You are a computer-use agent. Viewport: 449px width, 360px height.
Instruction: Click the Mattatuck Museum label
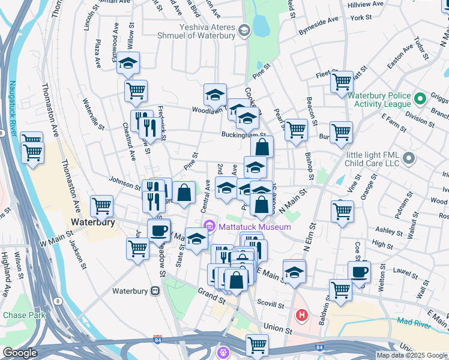click(x=255, y=227)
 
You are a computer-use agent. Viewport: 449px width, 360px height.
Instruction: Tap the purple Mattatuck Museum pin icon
click(x=209, y=226)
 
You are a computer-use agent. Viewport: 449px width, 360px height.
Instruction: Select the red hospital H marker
click(x=302, y=314)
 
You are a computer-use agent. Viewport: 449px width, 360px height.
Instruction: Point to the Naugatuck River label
click(x=12, y=107)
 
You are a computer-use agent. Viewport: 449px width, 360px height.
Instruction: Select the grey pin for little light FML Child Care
click(x=409, y=158)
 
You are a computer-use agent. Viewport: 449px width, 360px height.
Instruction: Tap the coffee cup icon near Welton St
click(x=359, y=271)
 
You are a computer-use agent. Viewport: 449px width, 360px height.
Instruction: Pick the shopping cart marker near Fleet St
click(x=342, y=81)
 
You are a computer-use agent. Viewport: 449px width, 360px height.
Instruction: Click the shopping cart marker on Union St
click(x=257, y=344)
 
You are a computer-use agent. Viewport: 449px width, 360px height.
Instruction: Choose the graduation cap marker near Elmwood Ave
click(x=128, y=62)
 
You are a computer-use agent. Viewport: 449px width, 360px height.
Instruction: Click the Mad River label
click(x=413, y=322)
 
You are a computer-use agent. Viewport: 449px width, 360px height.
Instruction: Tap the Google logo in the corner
click(x=20, y=353)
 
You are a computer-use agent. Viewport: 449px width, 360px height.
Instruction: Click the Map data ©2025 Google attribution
click(x=412, y=355)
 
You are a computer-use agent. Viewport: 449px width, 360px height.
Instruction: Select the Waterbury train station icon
click(x=155, y=291)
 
